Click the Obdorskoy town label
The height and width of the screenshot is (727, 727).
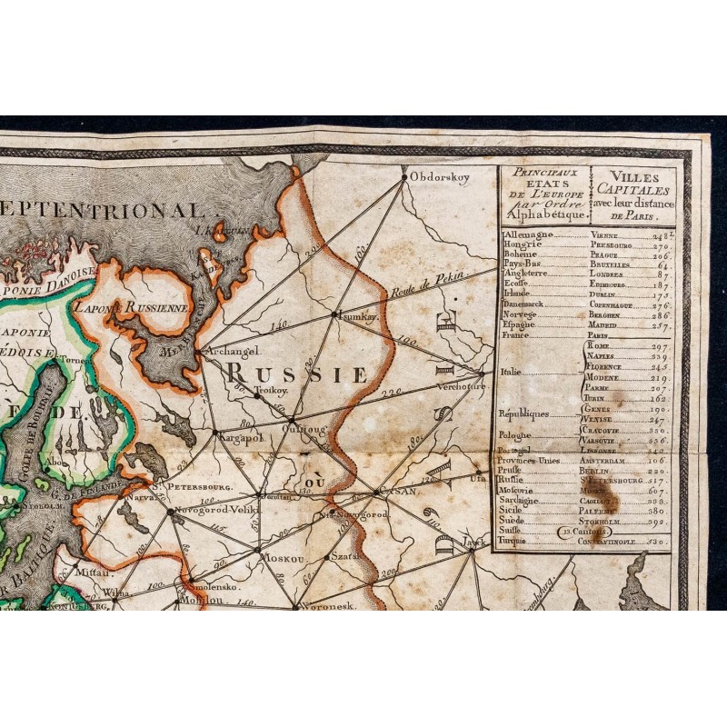coord(440,177)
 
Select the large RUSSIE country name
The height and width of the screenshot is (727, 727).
coord(297,373)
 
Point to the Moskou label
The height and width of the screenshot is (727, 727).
coord(283,557)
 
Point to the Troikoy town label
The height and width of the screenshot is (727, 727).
coord(271,388)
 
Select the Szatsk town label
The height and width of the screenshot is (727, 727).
coord(346,553)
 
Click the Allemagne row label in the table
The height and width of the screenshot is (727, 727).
coord(527,234)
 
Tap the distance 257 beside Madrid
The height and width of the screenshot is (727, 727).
coord(660,324)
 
